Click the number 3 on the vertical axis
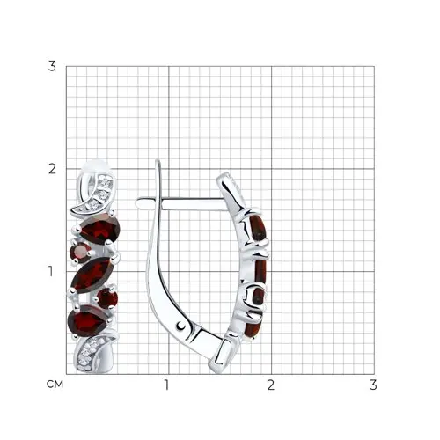coord(52,66)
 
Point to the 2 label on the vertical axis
coord(52,169)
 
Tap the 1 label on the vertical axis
coord(51,272)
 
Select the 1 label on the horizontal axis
coord(167,385)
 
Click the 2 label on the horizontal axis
coord(271,385)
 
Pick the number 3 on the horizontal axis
coord(373,385)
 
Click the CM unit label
coord(55,385)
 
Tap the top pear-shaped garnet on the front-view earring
coord(100,229)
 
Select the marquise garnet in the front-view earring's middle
coord(92,275)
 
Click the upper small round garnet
coord(80,252)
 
